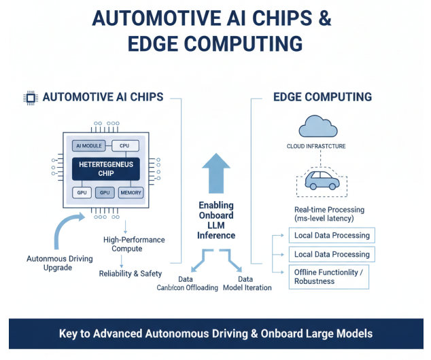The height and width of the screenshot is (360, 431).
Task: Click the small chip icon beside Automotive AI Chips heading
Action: click(29, 98)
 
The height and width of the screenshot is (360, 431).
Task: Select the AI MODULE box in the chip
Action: click(87, 146)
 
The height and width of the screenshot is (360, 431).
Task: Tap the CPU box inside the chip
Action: click(124, 146)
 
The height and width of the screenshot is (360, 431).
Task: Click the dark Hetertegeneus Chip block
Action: click(105, 168)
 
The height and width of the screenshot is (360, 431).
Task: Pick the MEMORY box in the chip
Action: click(131, 193)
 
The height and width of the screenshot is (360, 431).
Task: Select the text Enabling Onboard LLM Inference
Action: click(216, 220)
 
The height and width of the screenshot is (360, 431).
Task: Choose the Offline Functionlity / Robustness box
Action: click(331, 276)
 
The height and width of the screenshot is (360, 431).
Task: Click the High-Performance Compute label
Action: click(134, 245)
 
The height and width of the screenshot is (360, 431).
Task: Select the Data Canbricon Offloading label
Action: click(188, 283)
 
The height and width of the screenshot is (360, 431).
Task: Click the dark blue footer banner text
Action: click(215, 334)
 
